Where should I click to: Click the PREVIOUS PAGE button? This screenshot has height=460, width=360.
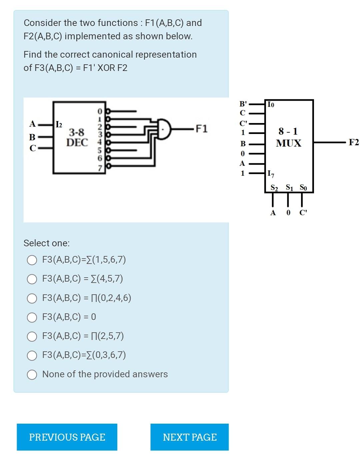click(x=67, y=437)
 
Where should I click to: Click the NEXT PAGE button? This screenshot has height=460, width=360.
click(x=189, y=437)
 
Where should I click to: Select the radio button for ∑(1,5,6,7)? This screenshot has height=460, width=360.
click(x=32, y=260)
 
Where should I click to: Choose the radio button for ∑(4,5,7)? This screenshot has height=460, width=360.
click(x=32, y=279)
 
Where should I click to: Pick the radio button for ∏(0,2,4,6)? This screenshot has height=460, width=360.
click(x=32, y=298)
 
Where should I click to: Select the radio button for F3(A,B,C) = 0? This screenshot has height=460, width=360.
click(x=32, y=317)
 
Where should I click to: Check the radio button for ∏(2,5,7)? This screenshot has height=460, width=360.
click(x=32, y=336)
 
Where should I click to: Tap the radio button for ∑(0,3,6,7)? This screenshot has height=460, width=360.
click(x=32, y=355)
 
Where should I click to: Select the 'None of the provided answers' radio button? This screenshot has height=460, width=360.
click(x=32, y=375)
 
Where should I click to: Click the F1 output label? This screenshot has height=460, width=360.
click(x=201, y=129)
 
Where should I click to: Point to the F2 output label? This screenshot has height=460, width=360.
click(x=353, y=143)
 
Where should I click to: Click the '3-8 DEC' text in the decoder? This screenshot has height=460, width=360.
click(x=77, y=137)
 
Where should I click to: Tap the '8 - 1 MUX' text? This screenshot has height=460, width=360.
click(x=288, y=137)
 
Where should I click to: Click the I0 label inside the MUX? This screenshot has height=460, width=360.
click(x=271, y=105)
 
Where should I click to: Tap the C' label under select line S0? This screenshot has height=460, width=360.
click(x=303, y=213)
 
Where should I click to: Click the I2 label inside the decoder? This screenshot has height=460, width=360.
click(x=59, y=125)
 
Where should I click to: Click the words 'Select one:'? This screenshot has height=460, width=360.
click(x=47, y=243)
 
